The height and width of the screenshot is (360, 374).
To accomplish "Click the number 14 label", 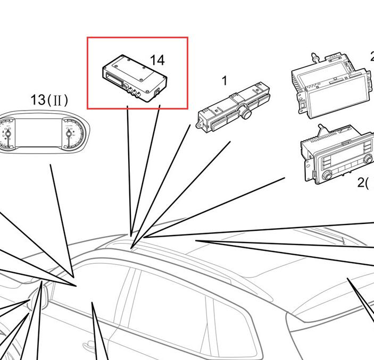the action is coord(157,60).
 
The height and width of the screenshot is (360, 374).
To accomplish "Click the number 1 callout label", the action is coord(225,81).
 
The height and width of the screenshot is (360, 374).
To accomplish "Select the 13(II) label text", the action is coord(49,100).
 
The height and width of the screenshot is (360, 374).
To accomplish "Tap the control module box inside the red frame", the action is coord(135,79).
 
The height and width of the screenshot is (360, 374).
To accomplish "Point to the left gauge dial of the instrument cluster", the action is coord(7,134).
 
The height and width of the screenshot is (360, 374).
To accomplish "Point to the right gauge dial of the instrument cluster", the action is coord(73,134).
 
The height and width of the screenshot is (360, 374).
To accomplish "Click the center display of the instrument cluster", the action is coord(38,132).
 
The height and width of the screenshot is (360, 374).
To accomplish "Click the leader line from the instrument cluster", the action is coord(62,221).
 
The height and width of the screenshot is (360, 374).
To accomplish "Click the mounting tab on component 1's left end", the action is coord(200,124).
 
